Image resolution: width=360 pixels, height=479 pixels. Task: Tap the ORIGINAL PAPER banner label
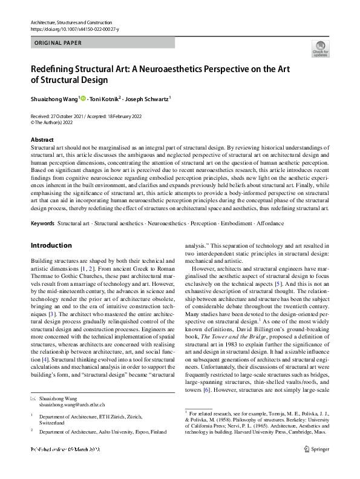[x=58, y=43]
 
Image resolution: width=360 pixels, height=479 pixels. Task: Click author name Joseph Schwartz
[x=147, y=97]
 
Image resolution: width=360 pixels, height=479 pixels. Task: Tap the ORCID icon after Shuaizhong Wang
[x=83, y=97]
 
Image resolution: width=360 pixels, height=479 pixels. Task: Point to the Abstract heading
[x=41, y=139]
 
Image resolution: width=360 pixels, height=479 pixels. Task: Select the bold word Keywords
[x=43, y=223]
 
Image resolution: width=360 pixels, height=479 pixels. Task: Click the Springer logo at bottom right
[x=316, y=466]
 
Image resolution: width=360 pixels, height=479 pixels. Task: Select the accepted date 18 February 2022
[x=119, y=116]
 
